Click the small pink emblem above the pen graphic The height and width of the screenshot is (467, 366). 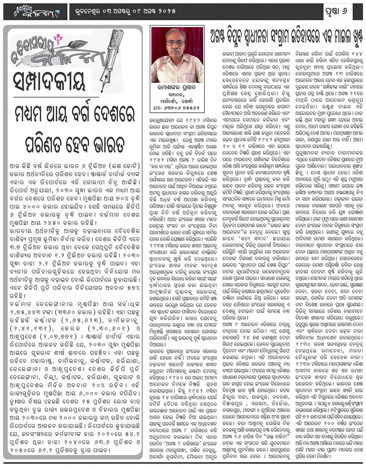click(x=59, y=39)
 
